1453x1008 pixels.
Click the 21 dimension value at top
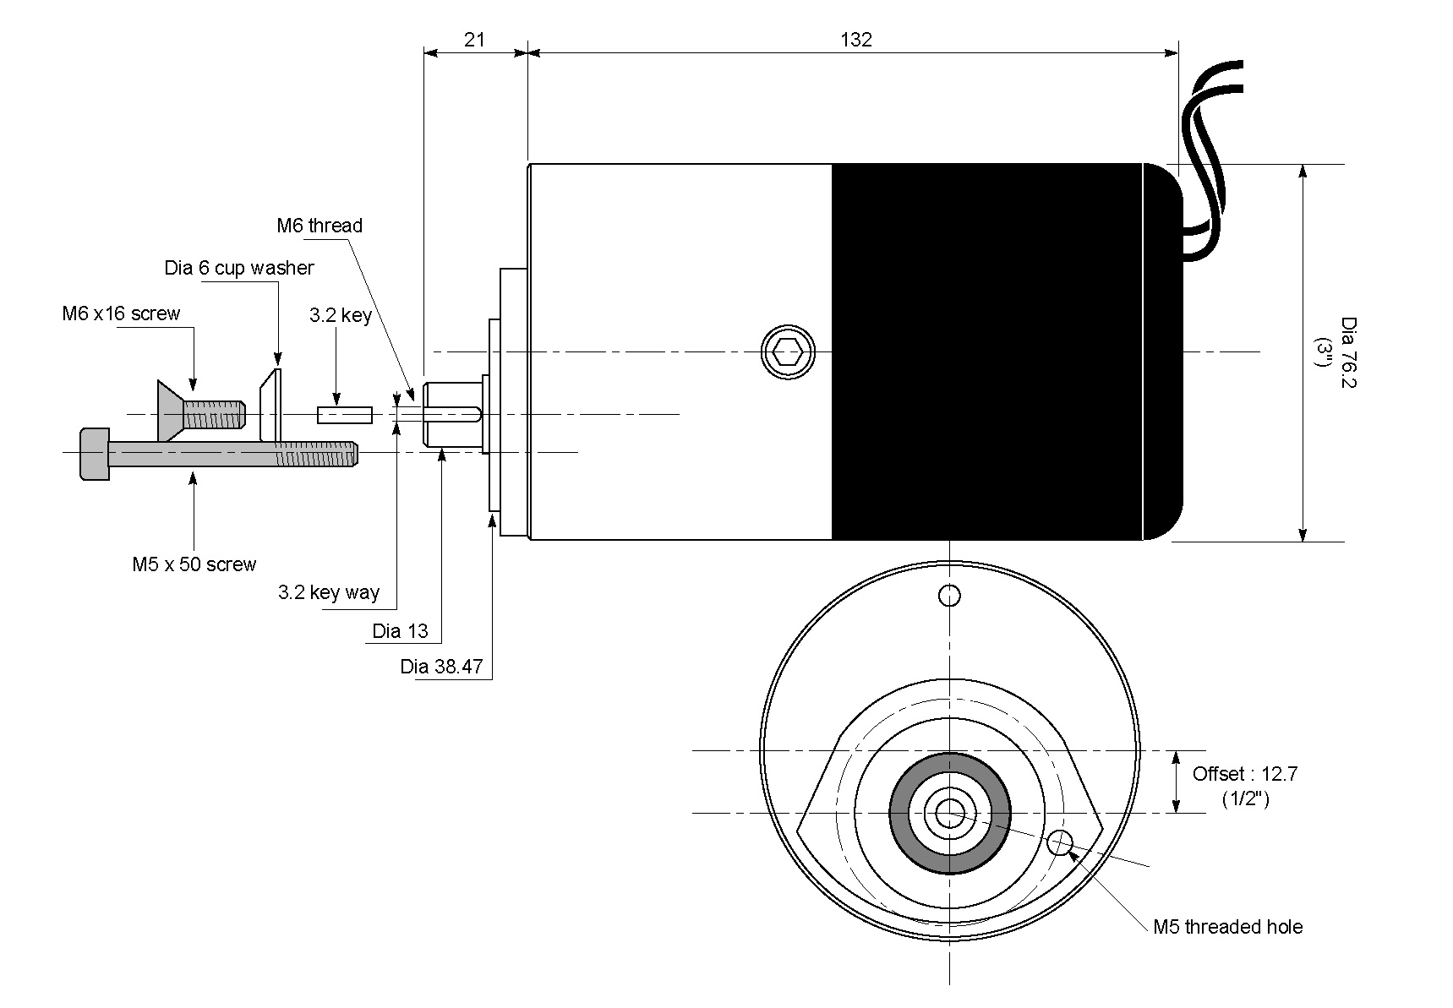click(x=474, y=39)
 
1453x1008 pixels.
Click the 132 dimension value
click(x=855, y=39)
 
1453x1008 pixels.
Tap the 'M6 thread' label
click(x=320, y=226)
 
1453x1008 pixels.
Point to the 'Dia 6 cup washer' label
click(x=239, y=268)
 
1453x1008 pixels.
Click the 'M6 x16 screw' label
click(x=121, y=313)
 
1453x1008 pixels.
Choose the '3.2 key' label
click(x=340, y=316)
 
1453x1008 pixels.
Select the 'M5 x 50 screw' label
click(x=194, y=564)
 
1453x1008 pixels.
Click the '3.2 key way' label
click(x=329, y=592)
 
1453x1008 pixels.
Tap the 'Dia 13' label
click(x=400, y=631)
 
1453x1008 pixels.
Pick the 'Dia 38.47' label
click(x=441, y=667)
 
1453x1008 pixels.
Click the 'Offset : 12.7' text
click(x=1244, y=774)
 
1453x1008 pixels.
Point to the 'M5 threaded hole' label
click(x=1227, y=927)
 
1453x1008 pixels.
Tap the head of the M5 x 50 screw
click(x=95, y=454)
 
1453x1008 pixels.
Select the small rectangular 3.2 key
click(x=345, y=415)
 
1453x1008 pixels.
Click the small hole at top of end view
click(x=950, y=596)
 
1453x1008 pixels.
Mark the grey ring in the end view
click(x=899, y=813)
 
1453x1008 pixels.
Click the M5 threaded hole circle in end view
click(x=1059, y=842)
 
